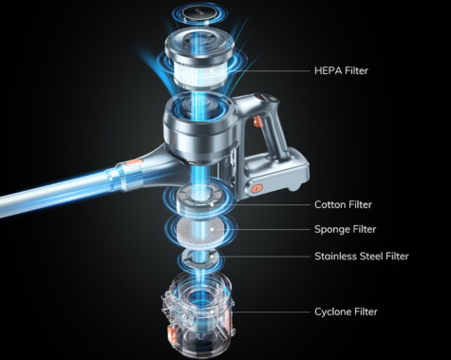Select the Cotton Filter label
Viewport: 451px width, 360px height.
343,204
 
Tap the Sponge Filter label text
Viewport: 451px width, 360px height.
346,229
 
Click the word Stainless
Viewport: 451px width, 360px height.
335,256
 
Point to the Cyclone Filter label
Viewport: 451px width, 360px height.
346,312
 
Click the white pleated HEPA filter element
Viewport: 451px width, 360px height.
199,72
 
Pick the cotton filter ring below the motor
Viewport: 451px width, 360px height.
201,201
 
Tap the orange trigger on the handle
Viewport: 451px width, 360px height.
256,122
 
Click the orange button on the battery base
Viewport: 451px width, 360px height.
255,189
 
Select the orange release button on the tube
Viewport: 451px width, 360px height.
133,163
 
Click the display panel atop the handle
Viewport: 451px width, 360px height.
267,97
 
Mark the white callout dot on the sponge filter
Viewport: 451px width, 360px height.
212,229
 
